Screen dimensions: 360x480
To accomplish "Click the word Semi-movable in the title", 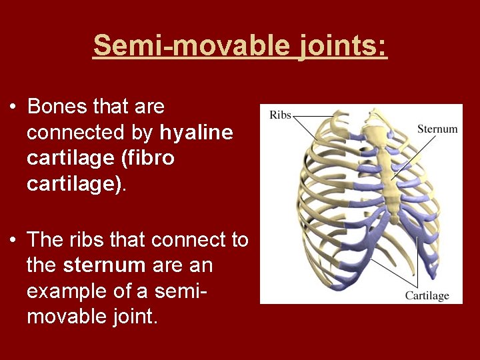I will tap(189, 46).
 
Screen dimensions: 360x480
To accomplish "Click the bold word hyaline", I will tap(197, 133).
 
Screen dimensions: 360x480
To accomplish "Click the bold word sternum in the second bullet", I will tap(104, 265).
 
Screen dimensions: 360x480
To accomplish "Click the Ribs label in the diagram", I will tap(280, 115).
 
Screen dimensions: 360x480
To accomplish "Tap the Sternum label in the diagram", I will tap(437, 129).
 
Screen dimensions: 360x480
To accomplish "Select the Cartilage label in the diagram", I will tap(427, 295).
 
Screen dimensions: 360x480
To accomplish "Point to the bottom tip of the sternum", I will tap(395, 220).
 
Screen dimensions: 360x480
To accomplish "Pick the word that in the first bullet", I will tap(111, 107).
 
